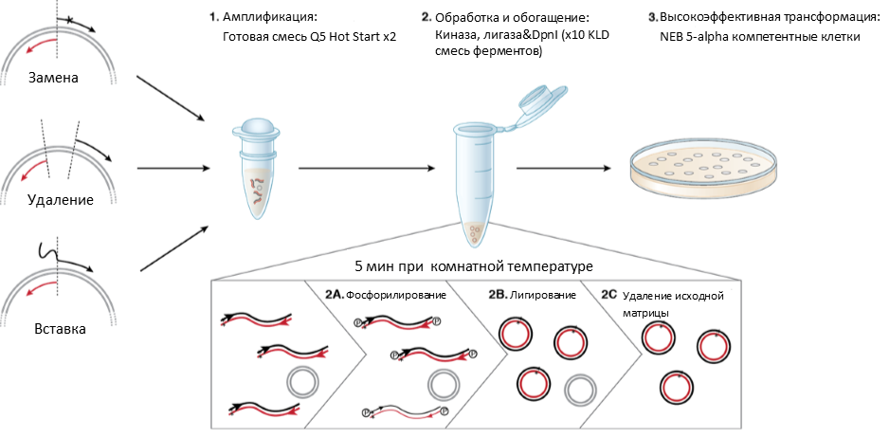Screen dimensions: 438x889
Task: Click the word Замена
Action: click(55, 78)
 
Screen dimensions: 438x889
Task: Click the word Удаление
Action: click(60, 200)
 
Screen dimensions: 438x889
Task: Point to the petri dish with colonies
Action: click(708, 168)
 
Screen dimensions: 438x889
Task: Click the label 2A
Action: click(334, 295)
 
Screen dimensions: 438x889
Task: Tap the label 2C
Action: click(610, 295)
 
